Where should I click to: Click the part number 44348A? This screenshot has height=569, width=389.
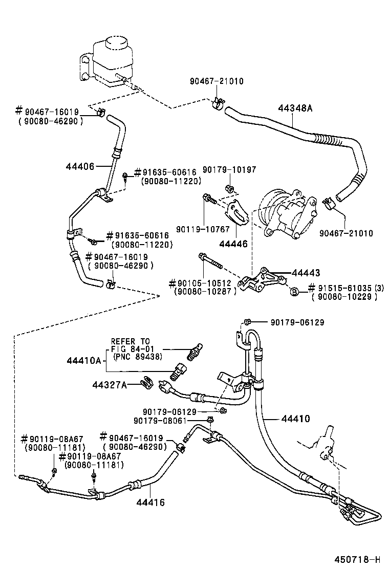(295, 108)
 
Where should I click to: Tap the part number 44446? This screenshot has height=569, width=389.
(235, 244)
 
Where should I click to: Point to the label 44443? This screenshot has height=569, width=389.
(306, 273)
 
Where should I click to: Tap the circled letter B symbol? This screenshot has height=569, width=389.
(294, 292)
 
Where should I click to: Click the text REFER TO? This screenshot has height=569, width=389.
(131, 341)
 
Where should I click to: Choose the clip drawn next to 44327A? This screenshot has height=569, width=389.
(145, 383)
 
